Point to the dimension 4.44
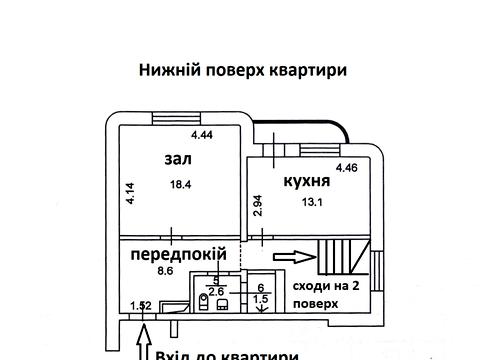click(x=203, y=134)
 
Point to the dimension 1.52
click(x=140, y=306)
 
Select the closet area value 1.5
click(x=261, y=298)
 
